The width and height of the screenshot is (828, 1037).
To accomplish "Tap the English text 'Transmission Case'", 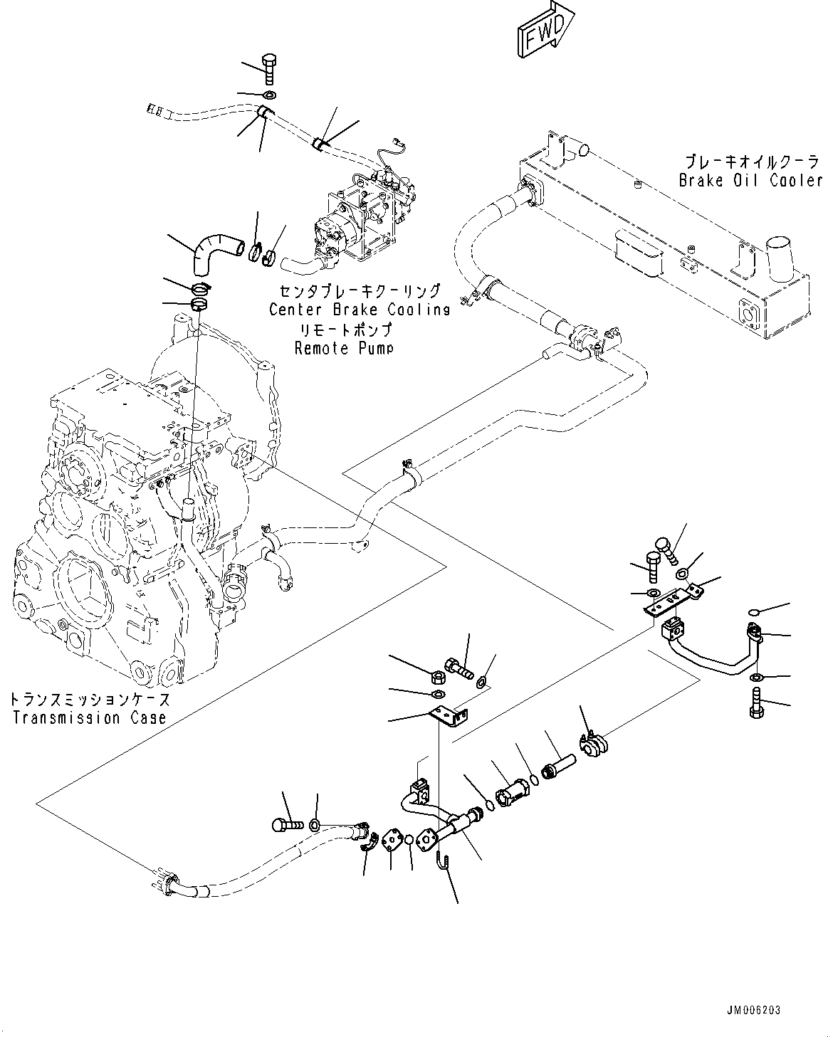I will click(x=89, y=717).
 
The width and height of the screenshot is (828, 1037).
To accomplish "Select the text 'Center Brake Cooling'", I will click(x=359, y=310).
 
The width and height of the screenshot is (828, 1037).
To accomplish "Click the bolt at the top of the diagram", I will click(x=269, y=68).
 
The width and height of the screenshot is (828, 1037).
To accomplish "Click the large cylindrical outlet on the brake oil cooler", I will click(x=781, y=258).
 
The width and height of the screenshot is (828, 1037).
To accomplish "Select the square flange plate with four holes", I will click(x=392, y=840).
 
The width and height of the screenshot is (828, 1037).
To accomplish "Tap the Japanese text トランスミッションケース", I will click(x=90, y=700).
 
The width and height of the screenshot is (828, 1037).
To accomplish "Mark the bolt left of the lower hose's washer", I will click(x=285, y=825).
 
